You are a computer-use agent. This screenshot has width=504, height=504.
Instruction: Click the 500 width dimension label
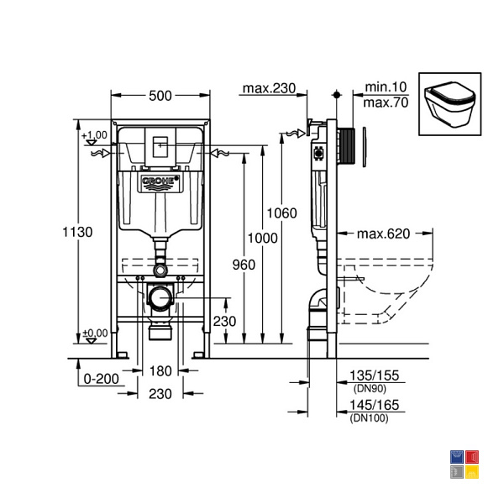click(x=160, y=96)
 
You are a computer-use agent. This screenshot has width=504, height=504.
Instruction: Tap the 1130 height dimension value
click(x=77, y=232)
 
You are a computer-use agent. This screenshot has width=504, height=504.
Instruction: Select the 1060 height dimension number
click(x=282, y=213)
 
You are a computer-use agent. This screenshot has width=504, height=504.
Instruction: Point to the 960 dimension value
click(x=244, y=265)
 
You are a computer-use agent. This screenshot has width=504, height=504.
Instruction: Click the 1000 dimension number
click(x=262, y=239)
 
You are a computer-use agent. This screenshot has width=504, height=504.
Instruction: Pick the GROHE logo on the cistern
click(x=160, y=182)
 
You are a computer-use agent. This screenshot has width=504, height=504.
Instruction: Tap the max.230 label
click(x=269, y=88)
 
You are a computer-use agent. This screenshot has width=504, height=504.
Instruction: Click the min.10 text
click(x=386, y=87)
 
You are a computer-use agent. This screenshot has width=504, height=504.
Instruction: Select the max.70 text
click(x=386, y=102)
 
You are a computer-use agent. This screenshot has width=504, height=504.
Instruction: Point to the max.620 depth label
click(x=384, y=234)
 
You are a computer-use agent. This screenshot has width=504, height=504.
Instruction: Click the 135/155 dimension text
click(x=374, y=375)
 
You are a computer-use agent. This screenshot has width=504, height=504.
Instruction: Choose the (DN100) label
click(x=369, y=417)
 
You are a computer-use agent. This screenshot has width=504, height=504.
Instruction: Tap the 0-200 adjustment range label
click(x=102, y=379)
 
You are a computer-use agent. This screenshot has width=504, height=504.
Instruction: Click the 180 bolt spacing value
click(x=160, y=371)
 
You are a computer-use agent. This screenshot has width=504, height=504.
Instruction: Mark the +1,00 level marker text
click(x=94, y=135)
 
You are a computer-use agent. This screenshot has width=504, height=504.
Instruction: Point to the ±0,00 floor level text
click(x=95, y=333)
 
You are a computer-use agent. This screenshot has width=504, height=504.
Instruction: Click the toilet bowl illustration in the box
click(x=449, y=104)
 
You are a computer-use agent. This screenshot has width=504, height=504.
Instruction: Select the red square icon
click(x=472, y=457)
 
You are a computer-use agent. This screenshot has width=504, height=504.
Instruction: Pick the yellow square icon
click(x=472, y=472)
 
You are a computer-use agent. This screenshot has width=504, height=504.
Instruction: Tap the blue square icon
click(x=457, y=457)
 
